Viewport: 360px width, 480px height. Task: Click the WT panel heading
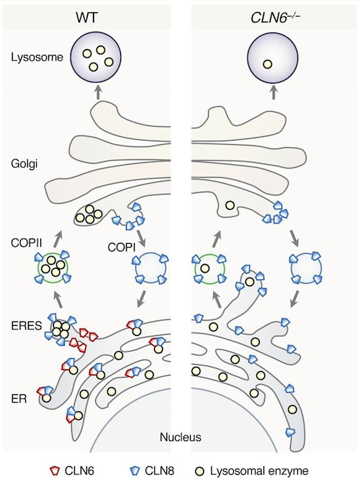[86, 18]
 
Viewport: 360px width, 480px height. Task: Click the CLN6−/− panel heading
[275, 18]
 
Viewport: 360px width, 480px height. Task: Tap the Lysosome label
[37, 57]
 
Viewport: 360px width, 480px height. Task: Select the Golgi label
[24, 164]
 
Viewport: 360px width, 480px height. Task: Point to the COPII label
[27, 243]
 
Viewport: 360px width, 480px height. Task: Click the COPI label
[122, 247]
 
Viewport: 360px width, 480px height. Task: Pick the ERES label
[27, 326]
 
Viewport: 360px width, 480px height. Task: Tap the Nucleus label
[181, 437]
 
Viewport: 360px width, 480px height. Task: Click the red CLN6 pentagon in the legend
[55, 471]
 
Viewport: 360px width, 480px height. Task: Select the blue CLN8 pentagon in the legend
[135, 471]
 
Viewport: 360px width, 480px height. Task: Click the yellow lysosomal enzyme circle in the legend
[199, 471]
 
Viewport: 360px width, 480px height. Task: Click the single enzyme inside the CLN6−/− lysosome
[267, 64]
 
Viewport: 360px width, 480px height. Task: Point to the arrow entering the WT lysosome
[98, 92]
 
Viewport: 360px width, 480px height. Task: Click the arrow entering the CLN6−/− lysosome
[274, 92]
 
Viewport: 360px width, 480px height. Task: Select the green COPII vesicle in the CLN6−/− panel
[210, 269]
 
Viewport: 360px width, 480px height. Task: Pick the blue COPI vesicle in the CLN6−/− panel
[306, 269]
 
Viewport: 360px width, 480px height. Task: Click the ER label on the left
[19, 399]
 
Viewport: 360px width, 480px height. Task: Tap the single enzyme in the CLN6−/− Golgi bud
[230, 205]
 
